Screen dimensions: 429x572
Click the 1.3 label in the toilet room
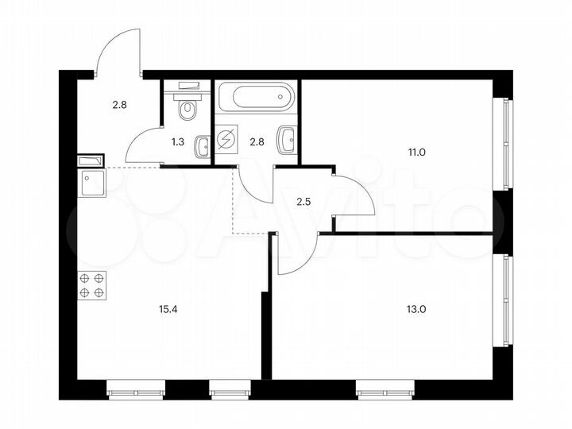pyautogui.click(x=180, y=144)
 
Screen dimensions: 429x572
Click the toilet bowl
pyautogui.click(x=187, y=110)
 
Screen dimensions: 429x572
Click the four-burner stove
pyautogui.click(x=92, y=285)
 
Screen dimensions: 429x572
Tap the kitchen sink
pyautogui.click(x=92, y=184)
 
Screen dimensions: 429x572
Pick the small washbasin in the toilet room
pyautogui.click(x=204, y=145)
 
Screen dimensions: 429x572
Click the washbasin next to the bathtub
pyautogui.click(x=287, y=141)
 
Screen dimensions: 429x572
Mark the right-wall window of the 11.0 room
pyautogui.click(x=501, y=144)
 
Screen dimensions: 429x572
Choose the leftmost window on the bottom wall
pyautogui.click(x=136, y=389)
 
